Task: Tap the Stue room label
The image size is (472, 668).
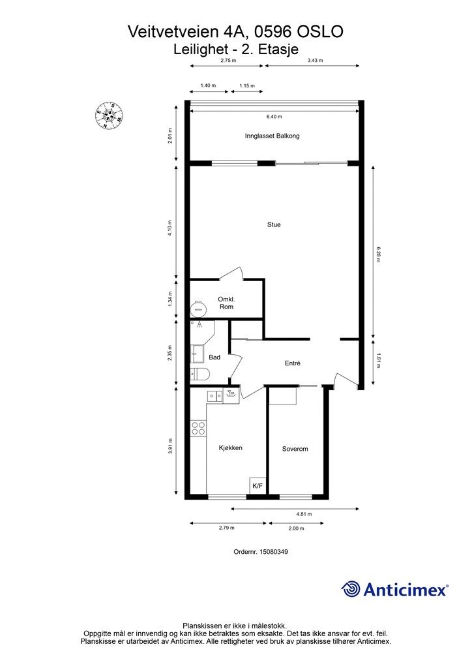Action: [274, 224]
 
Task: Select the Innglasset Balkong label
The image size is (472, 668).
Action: [272, 136]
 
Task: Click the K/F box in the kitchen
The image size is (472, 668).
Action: [258, 485]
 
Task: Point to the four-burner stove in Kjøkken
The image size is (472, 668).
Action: [198, 428]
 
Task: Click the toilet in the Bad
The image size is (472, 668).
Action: [199, 374]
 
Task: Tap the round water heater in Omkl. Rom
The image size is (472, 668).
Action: [198, 309]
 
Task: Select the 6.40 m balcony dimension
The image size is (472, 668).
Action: [274, 117]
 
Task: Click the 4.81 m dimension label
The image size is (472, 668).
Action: [304, 514]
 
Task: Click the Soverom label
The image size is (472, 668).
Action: [295, 449]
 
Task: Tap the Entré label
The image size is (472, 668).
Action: [293, 363]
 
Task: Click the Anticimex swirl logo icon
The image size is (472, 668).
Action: [351, 590]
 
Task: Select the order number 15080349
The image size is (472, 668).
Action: [274, 552]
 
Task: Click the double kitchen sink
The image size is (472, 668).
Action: [215, 396]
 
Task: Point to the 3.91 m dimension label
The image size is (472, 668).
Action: [170, 446]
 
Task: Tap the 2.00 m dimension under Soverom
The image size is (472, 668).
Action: [297, 528]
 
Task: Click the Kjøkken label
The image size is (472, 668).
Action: [231, 448]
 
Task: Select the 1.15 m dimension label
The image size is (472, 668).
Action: [247, 85]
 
